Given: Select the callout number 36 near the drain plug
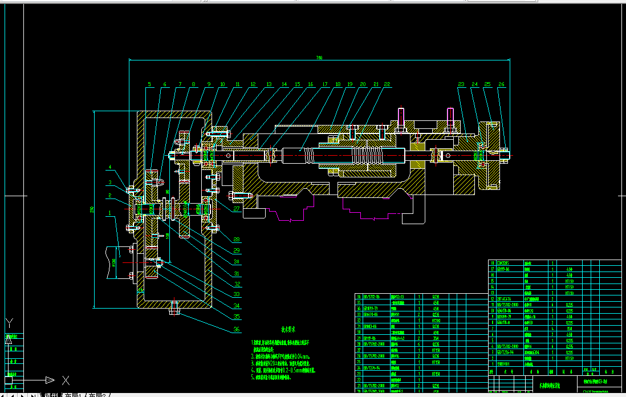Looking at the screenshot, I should (x=237, y=329).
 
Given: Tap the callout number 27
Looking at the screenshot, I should (x=237, y=209).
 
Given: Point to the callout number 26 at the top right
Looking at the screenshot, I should (x=501, y=84).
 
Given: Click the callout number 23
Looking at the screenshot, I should (x=461, y=84).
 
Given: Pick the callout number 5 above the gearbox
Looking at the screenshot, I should (x=150, y=84).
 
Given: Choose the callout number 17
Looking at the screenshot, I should (x=325, y=84).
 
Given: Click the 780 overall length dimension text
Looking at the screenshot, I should (x=319, y=58).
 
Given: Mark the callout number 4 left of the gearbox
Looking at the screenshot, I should (x=112, y=167).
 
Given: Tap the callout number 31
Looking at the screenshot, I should (x=237, y=273).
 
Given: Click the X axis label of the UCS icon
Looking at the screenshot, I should (x=66, y=380).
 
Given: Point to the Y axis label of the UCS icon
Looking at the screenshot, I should (x=8, y=323).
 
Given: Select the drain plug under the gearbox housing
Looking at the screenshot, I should (x=174, y=311).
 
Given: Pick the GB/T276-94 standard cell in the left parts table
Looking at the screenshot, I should (x=372, y=368).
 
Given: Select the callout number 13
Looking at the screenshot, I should (x=269, y=84).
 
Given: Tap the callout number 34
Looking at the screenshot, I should (x=237, y=306).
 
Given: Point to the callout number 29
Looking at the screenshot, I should (x=237, y=250).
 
